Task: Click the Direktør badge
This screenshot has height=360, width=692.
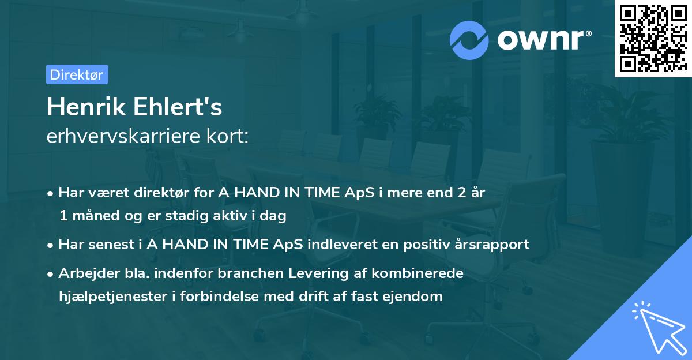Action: coord(77,74)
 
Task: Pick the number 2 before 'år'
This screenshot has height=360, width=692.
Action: coord(461,193)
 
